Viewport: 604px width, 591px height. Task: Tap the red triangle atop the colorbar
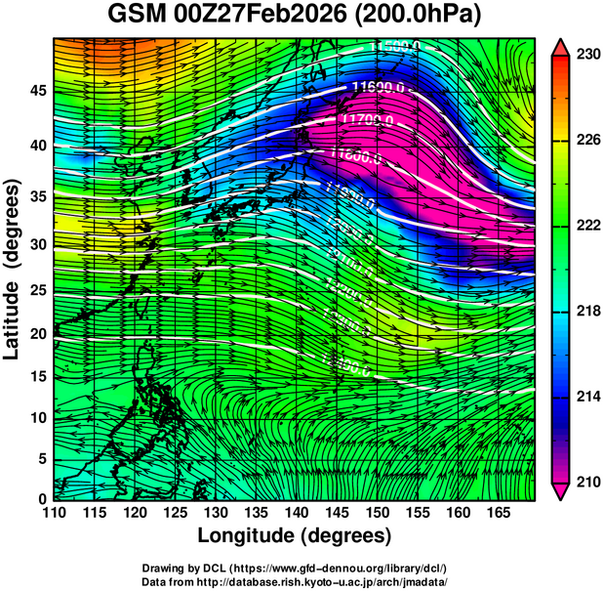(x=560, y=47)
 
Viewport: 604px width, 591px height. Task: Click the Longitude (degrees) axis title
(x=295, y=535)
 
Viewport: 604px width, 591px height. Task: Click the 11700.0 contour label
(x=369, y=120)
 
